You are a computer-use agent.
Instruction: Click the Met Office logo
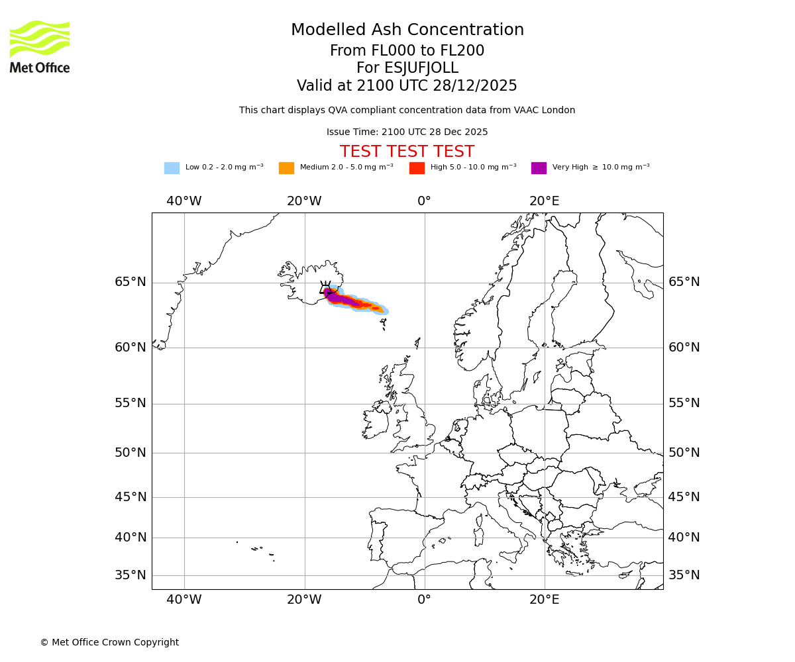pos(40,46)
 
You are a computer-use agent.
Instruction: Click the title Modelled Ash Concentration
pos(407,30)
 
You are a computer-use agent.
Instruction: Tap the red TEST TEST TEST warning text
pos(407,152)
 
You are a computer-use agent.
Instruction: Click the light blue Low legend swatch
pos(172,168)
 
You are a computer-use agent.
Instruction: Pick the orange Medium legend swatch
pos(286,168)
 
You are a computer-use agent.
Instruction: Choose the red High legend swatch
pos(417,168)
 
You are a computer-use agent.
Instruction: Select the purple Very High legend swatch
pos(539,168)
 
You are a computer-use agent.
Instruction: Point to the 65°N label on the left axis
pos(131,282)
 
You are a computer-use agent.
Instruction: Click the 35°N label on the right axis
pos(684,575)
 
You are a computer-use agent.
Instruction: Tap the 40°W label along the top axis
pos(184,201)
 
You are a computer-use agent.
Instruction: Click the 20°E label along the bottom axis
pos(544,600)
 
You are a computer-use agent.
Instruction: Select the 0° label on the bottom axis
pos(424,600)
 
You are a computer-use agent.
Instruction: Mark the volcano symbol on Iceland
pos(325,288)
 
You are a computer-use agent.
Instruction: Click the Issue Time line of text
pos(407,132)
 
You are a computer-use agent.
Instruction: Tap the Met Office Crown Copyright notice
pos(109,643)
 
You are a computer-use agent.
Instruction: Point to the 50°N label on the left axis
pos(131,453)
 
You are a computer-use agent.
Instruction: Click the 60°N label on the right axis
pos(684,348)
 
